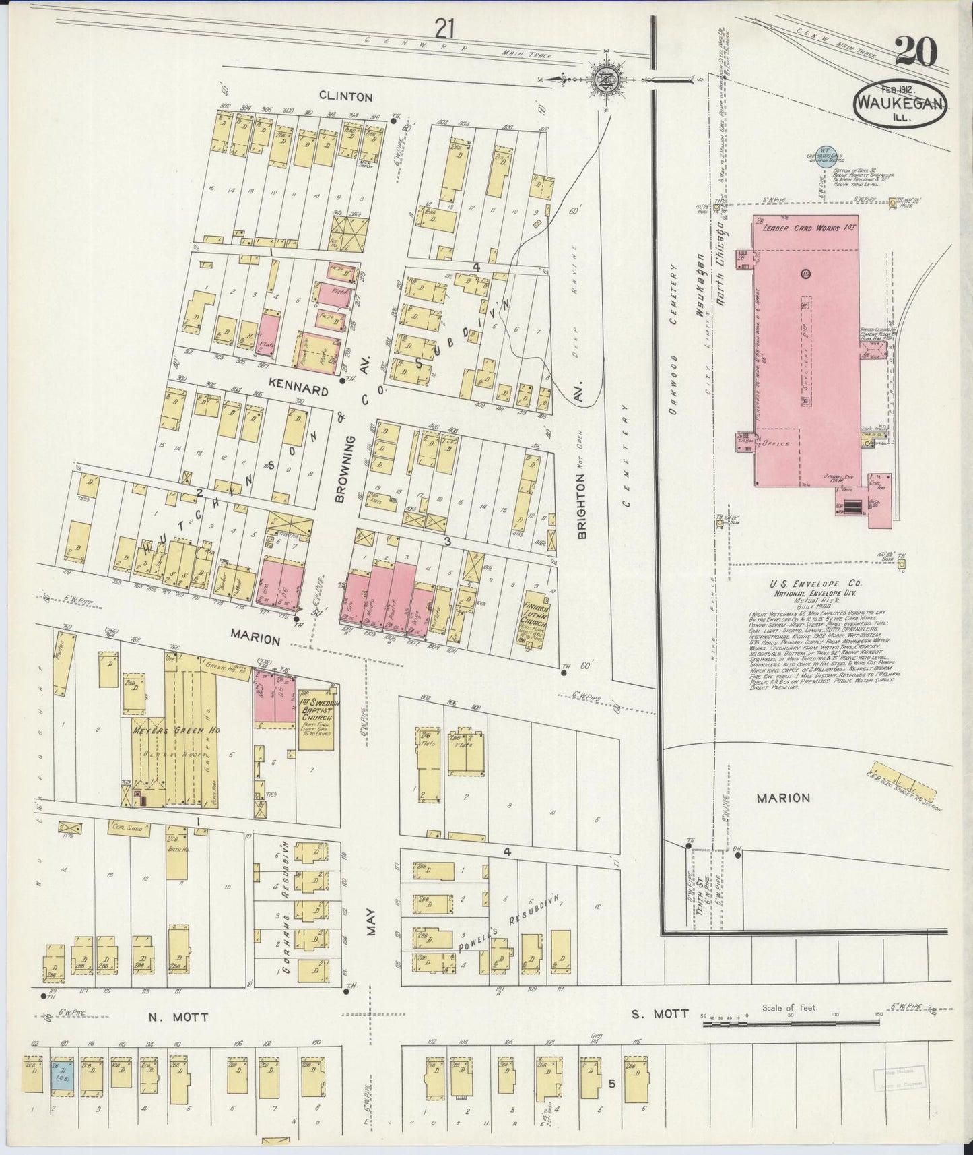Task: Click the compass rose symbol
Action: (x=603, y=79)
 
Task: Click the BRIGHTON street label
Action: (x=582, y=505)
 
